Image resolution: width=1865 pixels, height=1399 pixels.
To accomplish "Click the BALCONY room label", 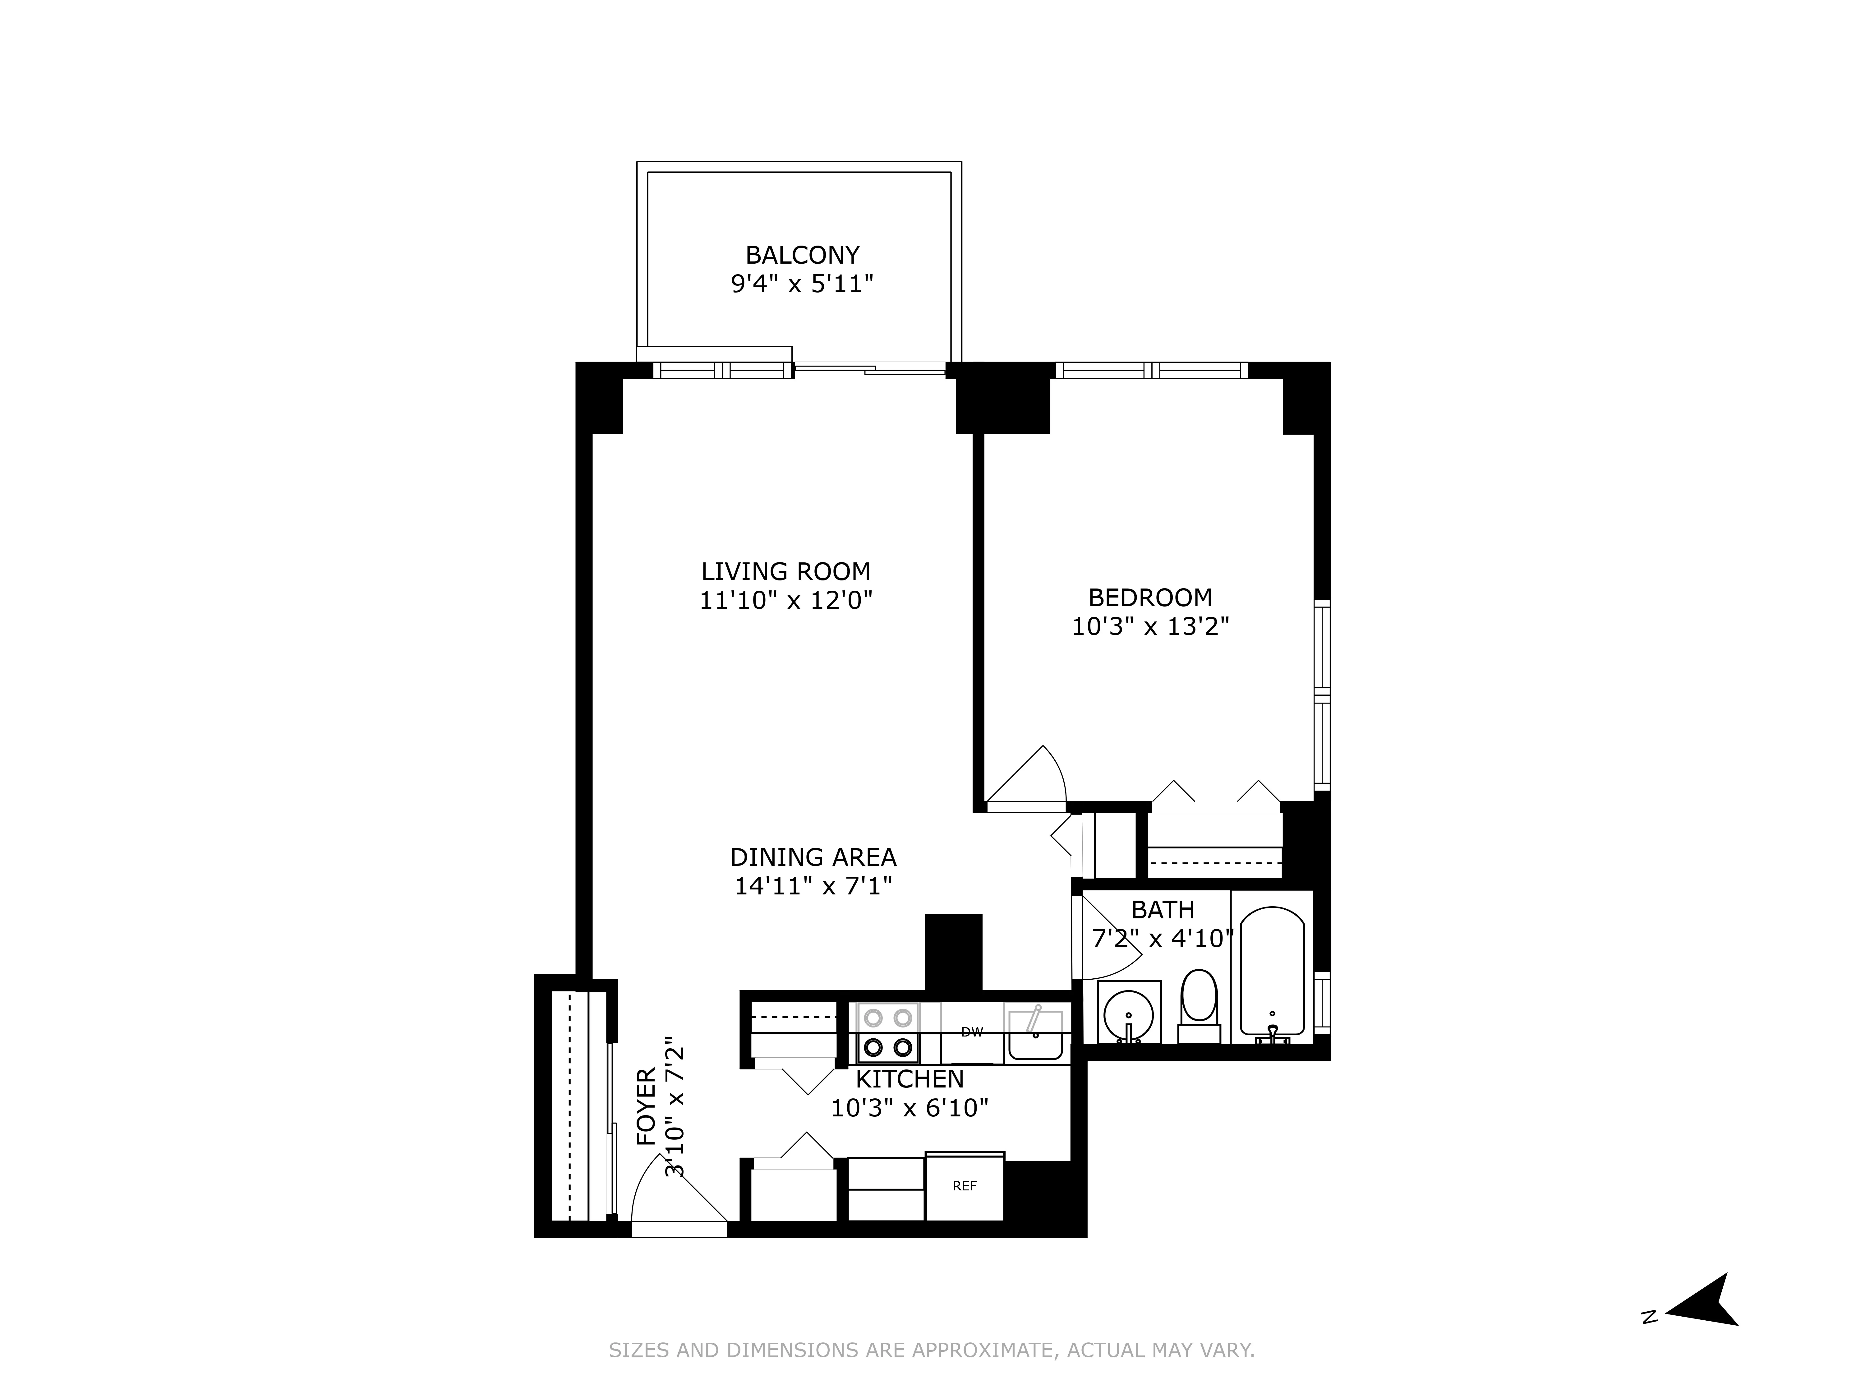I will (x=802, y=255).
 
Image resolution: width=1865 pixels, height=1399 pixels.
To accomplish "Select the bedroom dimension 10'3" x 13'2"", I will (x=1150, y=626).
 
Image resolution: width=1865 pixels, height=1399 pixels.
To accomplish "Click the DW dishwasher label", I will (x=972, y=1031).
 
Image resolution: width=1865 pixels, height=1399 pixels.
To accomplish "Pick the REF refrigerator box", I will (x=965, y=1186).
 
